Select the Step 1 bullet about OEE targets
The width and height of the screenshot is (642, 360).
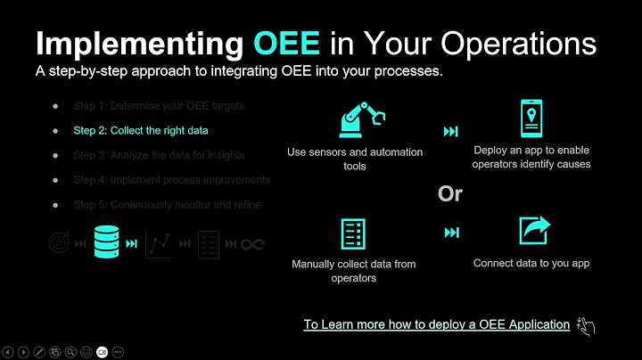(159, 106)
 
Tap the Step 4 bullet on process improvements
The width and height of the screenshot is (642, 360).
(171, 179)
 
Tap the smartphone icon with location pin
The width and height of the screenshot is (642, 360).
(531, 118)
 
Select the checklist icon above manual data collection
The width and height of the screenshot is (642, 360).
(354, 233)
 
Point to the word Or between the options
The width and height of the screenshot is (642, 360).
(450, 193)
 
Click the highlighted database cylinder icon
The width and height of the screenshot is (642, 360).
(106, 241)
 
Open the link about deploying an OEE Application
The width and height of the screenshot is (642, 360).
(436, 324)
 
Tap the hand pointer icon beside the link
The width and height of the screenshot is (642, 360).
(585, 325)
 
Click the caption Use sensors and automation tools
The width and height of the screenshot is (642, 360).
(354, 159)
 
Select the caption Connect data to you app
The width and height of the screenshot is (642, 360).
(531, 263)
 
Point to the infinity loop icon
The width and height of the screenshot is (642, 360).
(253, 244)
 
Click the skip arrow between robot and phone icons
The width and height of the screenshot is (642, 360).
(450, 132)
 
